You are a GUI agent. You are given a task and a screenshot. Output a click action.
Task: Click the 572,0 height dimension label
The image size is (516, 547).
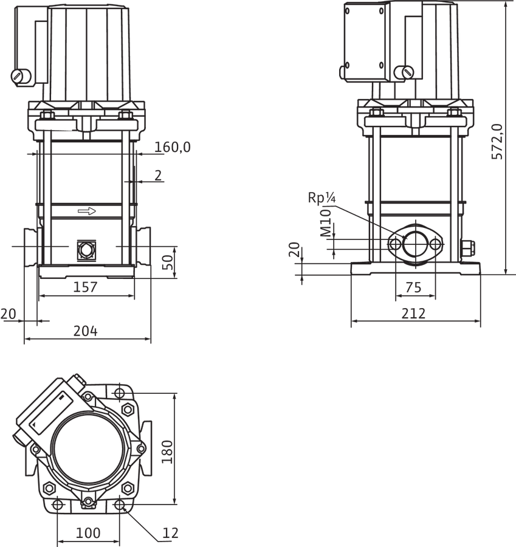point(498,142)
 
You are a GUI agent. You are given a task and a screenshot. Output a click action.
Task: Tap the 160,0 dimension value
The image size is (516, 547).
point(173,147)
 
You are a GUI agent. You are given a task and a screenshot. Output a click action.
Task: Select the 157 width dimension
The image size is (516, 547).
point(85,287)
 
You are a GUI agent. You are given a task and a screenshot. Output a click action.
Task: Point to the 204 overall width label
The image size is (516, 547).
point(86,331)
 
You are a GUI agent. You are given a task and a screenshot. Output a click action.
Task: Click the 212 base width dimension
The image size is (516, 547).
point(413,314)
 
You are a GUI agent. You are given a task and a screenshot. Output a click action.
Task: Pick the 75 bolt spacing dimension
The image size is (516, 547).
point(414,287)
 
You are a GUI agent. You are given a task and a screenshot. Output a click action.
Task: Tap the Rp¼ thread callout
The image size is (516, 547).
point(322,198)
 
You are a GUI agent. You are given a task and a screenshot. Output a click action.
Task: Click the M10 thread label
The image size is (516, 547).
point(326,223)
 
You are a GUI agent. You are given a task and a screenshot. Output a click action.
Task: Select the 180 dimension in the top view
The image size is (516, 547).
point(168,452)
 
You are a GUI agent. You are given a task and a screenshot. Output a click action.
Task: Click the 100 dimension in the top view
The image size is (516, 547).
point(88,532)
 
